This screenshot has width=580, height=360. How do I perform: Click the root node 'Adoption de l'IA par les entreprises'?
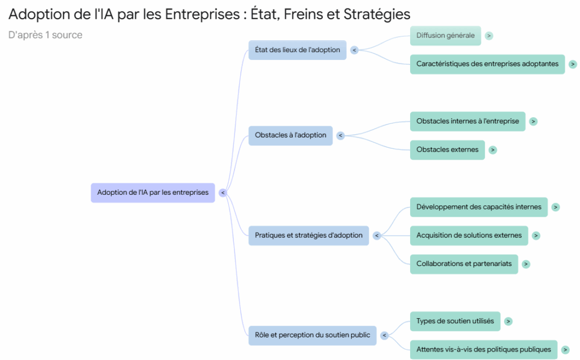click(152, 192)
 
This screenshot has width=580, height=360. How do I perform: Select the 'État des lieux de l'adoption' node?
click(297, 50)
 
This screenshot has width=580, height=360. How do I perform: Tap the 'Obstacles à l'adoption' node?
click(291, 135)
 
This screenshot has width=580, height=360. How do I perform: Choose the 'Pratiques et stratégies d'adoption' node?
click(309, 235)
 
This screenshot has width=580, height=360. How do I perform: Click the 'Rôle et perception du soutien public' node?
click(312, 335)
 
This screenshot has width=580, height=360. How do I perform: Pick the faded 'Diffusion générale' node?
click(445, 36)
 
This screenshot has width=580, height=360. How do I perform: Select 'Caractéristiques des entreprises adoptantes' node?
click(487, 64)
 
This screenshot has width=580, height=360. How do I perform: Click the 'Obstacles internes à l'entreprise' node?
click(467, 121)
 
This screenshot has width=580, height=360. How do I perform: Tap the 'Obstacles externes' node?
click(447, 150)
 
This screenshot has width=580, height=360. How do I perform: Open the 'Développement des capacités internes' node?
click(479, 207)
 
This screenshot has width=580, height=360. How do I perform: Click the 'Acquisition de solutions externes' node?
click(469, 235)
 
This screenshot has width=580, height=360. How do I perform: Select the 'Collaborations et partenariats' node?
click(464, 264)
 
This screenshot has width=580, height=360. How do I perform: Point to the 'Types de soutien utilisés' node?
click(455, 321)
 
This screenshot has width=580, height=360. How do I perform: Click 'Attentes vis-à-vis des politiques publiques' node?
click(483, 349)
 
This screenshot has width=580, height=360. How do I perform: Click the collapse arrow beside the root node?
click(223, 192)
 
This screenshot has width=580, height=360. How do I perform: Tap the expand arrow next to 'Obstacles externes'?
click(493, 150)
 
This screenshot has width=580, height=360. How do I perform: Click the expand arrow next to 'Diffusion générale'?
click(489, 36)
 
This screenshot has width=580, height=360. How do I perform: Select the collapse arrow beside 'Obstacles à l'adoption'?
click(340, 135)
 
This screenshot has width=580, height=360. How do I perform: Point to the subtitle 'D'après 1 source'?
click(45, 35)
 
